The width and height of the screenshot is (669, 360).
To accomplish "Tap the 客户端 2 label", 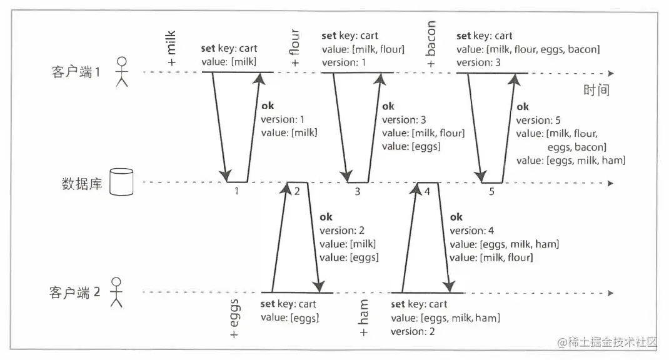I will pos(74,292).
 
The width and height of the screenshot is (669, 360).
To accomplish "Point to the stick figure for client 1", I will pos(123,72).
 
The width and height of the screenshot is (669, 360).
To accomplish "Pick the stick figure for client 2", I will pos(115,292).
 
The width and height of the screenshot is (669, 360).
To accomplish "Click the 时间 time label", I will pos(596,91).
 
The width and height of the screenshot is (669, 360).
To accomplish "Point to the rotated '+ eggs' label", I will pos(235,319).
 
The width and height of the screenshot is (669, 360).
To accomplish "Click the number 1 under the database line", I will pos(237,191).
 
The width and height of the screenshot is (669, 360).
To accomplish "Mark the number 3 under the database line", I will pos(357,191).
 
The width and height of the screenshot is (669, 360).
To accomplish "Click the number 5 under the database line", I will pos(491,191).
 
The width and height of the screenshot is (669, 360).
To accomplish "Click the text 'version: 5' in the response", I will pos(538,120).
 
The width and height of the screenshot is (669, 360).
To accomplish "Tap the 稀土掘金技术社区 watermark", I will pos(607,342).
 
